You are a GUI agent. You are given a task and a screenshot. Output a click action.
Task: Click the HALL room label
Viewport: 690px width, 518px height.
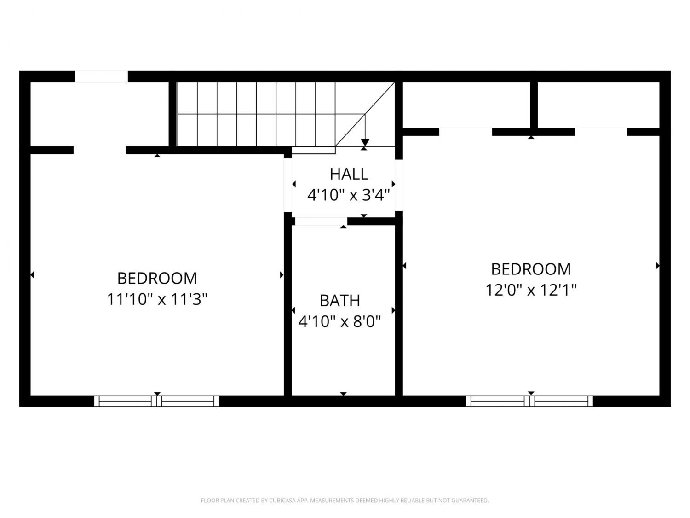[349, 174]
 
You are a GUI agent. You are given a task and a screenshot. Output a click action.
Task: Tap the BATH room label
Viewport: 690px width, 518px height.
[340, 301]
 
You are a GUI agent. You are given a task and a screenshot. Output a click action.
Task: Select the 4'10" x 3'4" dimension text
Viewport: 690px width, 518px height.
[349, 195]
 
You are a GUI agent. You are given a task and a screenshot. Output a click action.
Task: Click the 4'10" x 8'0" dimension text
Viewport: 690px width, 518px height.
[340, 321]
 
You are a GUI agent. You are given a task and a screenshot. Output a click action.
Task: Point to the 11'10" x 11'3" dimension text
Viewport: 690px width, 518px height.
[157, 299]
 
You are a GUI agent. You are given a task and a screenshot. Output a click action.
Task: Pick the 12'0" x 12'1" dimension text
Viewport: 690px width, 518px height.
[531, 290]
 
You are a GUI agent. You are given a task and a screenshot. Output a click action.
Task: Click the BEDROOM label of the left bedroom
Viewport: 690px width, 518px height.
[157, 278]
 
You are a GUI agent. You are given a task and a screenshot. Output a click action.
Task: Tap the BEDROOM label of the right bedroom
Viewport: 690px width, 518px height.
[531, 269]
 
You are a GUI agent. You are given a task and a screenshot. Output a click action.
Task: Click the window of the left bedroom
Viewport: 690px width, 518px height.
[156, 401]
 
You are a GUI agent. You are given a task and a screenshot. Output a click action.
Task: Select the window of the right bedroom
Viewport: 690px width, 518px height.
[529, 401]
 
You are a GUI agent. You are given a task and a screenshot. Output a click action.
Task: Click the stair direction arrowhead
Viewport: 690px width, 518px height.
[365, 142]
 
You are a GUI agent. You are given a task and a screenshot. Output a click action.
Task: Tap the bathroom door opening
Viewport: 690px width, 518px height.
[321, 221]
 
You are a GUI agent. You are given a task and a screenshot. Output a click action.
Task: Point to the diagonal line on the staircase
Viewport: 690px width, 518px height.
[365, 114]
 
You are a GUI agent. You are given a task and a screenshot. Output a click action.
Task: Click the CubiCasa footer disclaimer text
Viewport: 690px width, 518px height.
[345, 501]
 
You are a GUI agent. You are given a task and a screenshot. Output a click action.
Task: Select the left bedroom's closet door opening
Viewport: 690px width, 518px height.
[100, 151]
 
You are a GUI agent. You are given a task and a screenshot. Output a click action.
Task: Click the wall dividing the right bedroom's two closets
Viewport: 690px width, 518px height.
[534, 105]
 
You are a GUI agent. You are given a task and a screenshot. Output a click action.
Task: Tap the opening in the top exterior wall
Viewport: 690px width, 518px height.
[101, 77]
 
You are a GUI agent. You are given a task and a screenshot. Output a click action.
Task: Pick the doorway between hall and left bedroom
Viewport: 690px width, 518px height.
[288, 185]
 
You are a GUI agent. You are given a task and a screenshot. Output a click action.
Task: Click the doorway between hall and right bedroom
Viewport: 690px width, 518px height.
[399, 185]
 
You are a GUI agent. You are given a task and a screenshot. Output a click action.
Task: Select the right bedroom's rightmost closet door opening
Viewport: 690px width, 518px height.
[601, 132]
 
